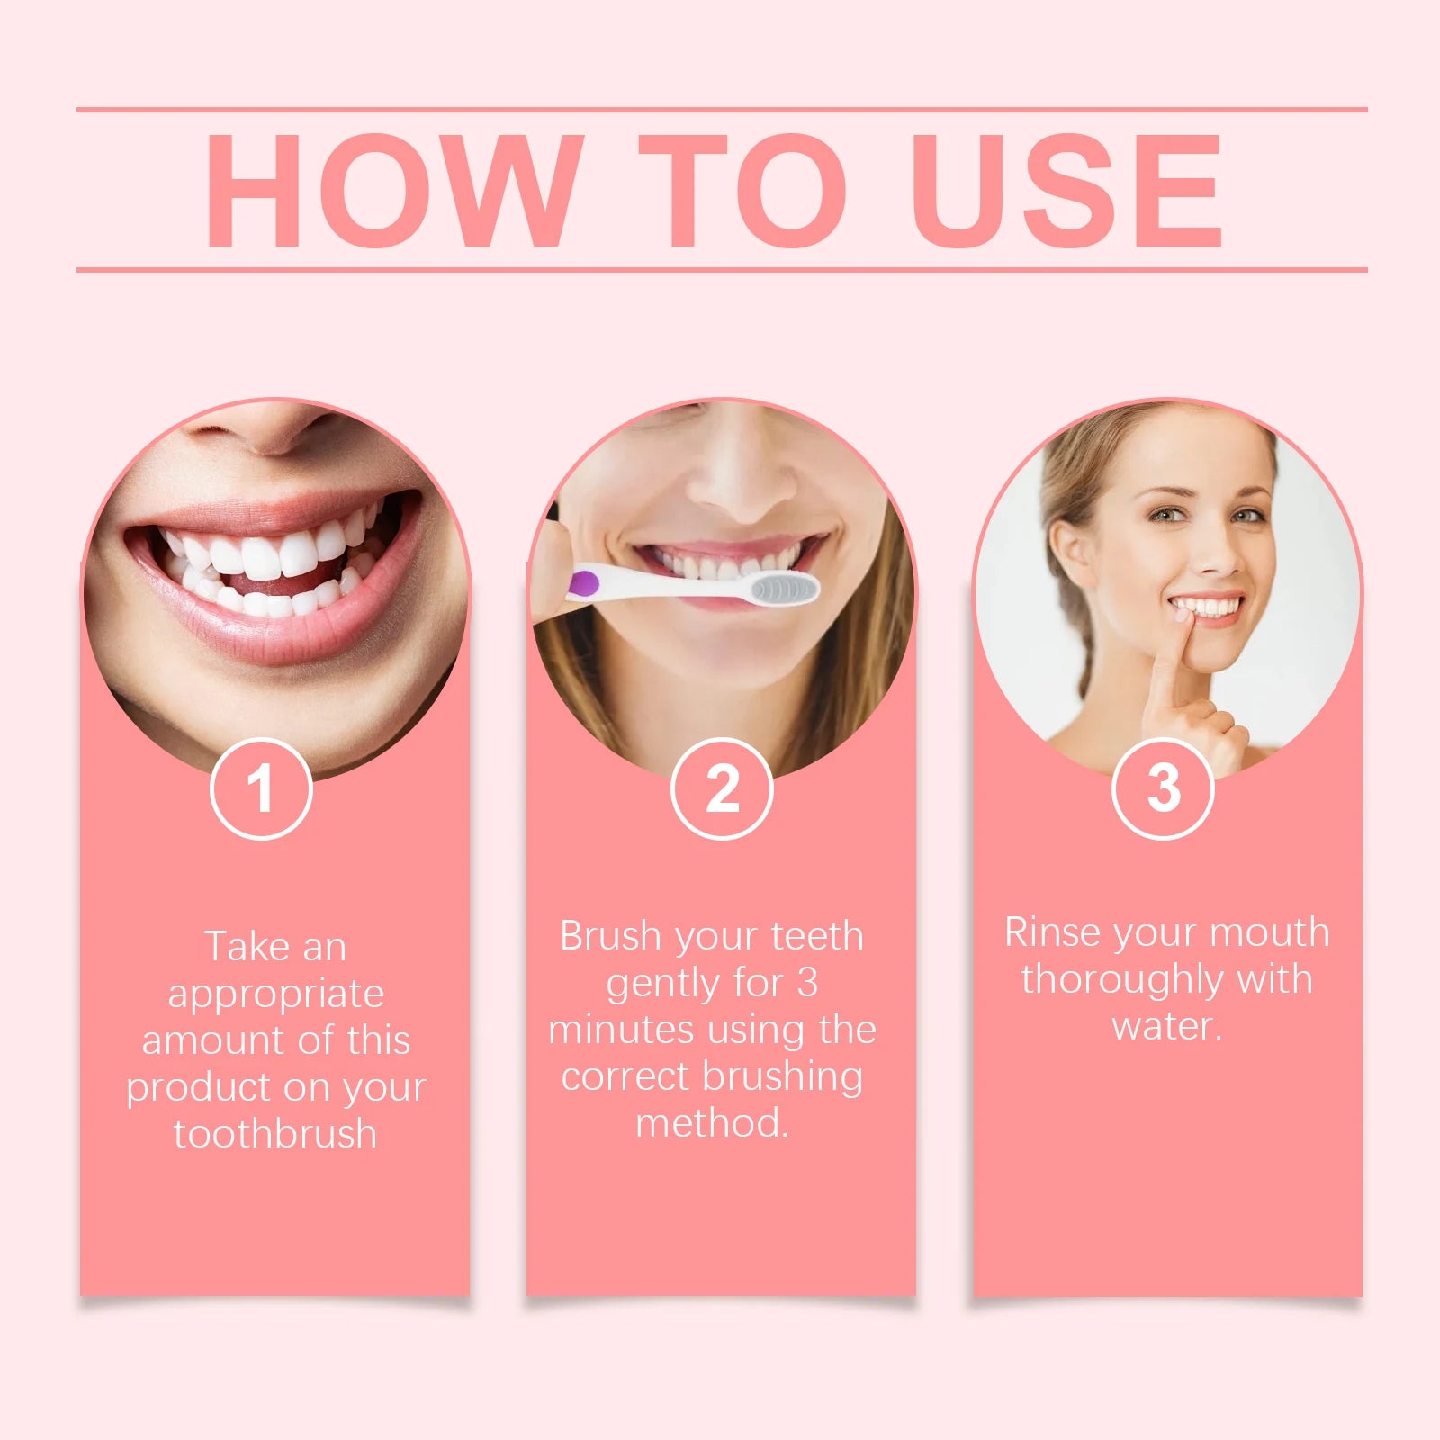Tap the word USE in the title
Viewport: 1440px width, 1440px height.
(1066, 190)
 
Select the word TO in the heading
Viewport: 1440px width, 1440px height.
(742, 190)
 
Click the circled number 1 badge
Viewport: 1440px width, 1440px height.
(261, 788)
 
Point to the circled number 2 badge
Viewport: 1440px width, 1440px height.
(722, 788)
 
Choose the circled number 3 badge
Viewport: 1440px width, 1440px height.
(1163, 788)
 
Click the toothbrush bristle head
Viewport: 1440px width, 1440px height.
(785, 589)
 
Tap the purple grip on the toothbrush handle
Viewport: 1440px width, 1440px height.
(584, 583)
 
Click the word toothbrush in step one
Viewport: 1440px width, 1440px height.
(275, 1133)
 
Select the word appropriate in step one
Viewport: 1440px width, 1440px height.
(275, 994)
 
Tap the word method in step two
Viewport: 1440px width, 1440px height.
(711, 1123)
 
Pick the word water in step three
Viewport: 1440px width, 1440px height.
(1166, 1026)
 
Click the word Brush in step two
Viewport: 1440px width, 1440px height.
(610, 936)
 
